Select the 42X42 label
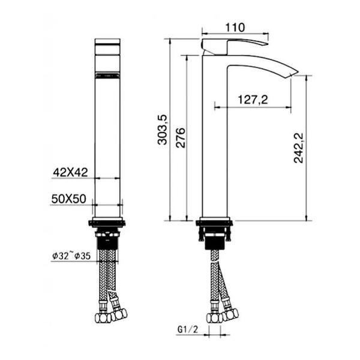[x=70, y=172]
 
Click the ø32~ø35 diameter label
[x=70, y=256]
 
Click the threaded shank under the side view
[x=215, y=240]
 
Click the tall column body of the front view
[x=108, y=144]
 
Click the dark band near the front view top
[x=108, y=76]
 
